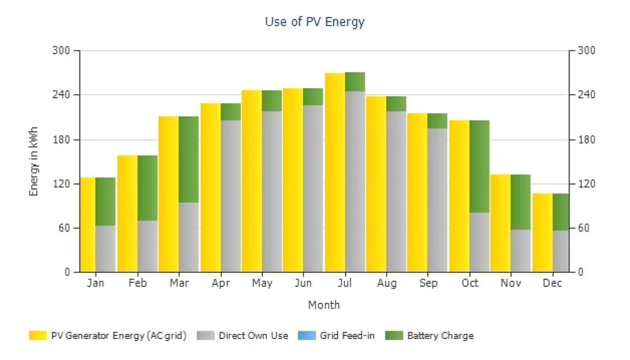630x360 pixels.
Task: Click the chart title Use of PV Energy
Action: [x=315, y=22]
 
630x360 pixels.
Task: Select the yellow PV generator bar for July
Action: [x=335, y=173]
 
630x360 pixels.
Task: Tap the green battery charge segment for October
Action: [x=479, y=167]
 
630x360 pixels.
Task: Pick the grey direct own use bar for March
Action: [x=189, y=238]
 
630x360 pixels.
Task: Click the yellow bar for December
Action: [x=543, y=233]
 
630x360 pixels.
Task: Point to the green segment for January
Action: [x=105, y=202]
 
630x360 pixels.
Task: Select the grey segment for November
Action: [x=521, y=251]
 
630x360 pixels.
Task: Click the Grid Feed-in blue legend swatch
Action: [x=307, y=336]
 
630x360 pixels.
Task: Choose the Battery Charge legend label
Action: [x=440, y=336]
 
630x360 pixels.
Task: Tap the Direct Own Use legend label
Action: [x=253, y=336]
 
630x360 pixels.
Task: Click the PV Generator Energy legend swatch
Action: [x=38, y=336]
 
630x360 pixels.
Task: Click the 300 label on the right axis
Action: [x=587, y=50]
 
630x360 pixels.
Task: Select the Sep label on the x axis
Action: [x=428, y=283]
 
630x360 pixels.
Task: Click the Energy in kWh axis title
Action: [x=34, y=161]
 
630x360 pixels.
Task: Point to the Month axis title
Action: [x=324, y=305]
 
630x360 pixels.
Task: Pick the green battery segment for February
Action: [x=147, y=188]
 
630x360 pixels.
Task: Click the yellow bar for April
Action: [x=211, y=188]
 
